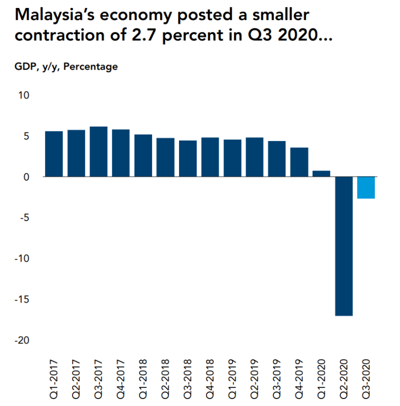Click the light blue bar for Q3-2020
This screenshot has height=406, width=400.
[x=366, y=187]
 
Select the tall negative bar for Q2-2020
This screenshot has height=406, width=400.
[x=343, y=246]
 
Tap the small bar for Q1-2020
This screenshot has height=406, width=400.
[x=321, y=173]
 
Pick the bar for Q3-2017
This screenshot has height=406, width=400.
[x=98, y=151]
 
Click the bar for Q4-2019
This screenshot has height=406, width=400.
[x=299, y=162]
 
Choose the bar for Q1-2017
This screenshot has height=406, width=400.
[x=54, y=153]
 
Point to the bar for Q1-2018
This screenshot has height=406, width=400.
[x=143, y=155]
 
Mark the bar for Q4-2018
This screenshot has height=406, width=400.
[x=210, y=157]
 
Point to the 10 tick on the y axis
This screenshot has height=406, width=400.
[x=24, y=95]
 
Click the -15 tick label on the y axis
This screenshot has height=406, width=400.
[x=22, y=299]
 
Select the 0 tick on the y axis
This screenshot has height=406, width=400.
[x=26, y=177]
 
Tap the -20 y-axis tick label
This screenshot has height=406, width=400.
[x=22, y=340]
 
